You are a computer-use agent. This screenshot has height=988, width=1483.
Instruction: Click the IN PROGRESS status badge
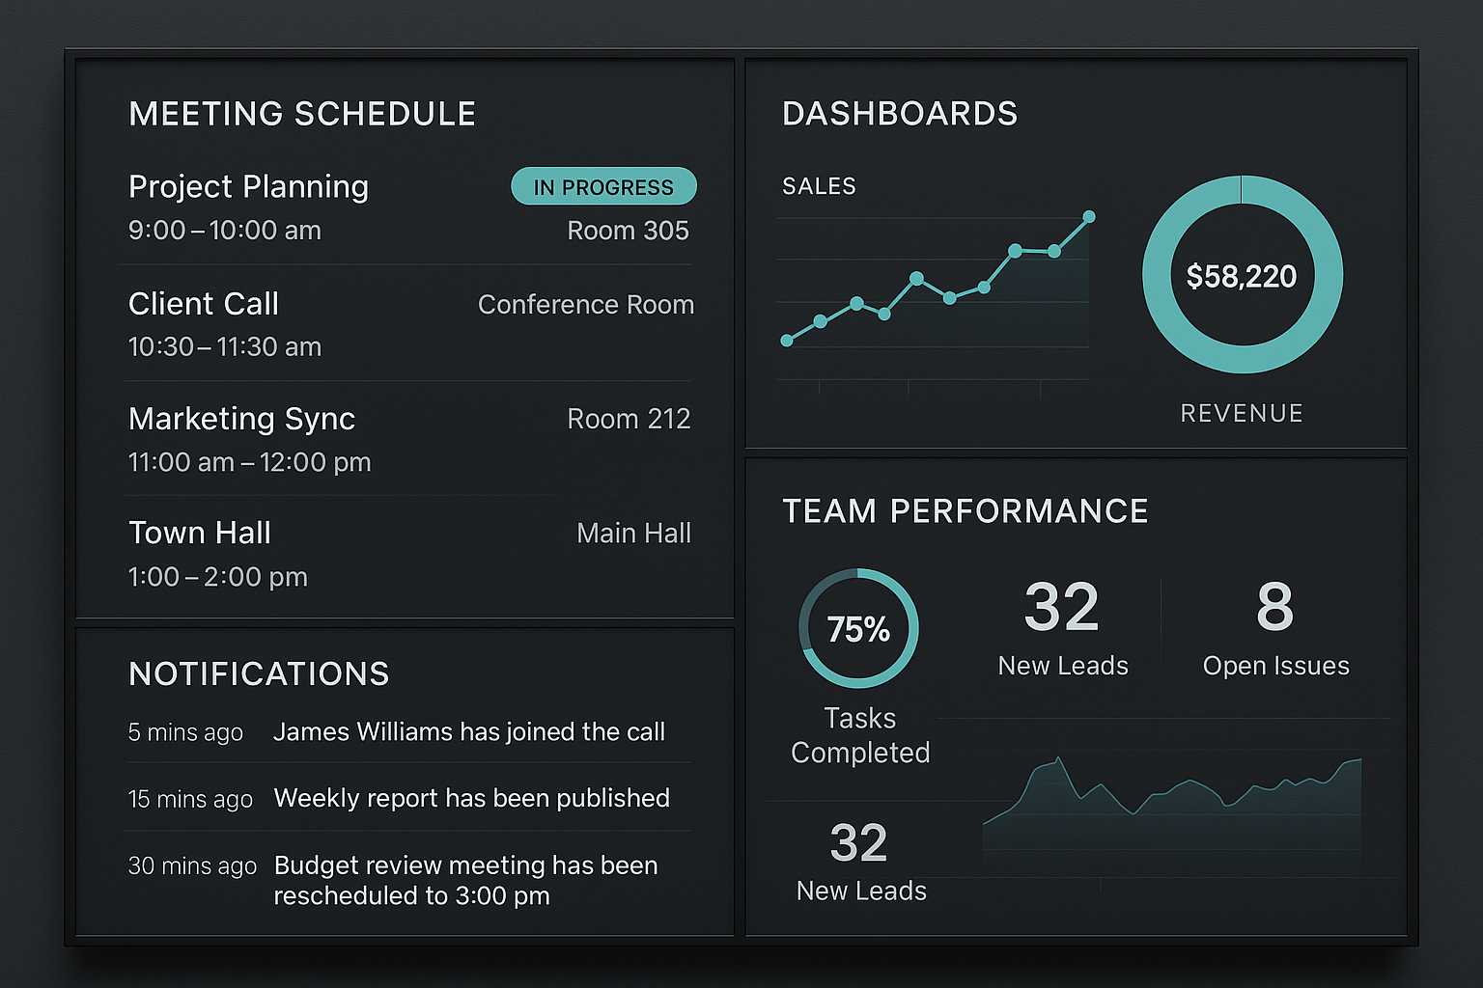point(603,186)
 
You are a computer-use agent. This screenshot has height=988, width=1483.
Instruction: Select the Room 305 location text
point(628,231)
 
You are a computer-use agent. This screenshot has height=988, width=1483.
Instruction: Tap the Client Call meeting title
point(204,304)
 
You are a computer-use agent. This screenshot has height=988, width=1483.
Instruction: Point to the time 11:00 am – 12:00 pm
point(250,462)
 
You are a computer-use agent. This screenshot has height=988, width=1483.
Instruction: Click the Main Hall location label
point(633,533)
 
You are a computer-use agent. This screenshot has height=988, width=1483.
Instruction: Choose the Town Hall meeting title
point(200,533)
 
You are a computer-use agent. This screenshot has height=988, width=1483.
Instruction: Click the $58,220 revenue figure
point(1242,276)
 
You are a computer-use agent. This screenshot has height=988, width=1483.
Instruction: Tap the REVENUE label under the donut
point(1242,413)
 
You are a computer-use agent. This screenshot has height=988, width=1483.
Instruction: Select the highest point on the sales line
point(1089,216)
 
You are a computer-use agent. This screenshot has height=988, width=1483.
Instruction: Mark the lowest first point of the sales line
point(787,341)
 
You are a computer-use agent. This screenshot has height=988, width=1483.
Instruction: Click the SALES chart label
point(819,186)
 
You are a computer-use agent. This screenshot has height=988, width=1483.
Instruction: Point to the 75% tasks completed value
point(858,629)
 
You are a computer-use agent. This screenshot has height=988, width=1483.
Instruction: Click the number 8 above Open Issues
point(1275,606)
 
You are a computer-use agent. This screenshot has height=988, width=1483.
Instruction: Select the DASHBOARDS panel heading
point(900,113)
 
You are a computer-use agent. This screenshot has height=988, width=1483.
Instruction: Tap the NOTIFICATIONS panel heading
point(259,673)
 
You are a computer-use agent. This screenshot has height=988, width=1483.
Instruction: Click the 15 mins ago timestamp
point(190,799)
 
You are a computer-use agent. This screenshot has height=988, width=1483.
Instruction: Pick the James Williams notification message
point(468,732)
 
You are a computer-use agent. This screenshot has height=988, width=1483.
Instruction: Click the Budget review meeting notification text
point(466,880)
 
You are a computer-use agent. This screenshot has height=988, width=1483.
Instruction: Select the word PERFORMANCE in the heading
point(1019,510)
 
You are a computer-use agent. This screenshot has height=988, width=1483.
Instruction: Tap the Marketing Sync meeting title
point(241,419)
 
